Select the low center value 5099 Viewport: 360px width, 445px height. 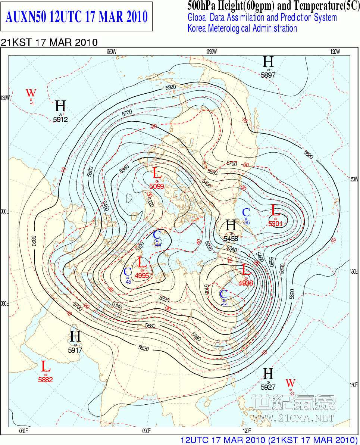pyautogui.click(x=157, y=186)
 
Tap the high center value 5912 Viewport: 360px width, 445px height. pyautogui.click(x=60, y=120)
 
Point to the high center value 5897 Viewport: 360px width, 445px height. pyautogui.click(x=268, y=75)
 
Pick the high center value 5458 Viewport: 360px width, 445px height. pyautogui.click(x=231, y=238)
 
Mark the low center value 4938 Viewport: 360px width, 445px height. pyautogui.click(x=246, y=283)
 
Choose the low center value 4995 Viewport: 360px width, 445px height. pyautogui.click(x=142, y=276)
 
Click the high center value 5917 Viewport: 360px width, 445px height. pyautogui.click(x=75, y=350)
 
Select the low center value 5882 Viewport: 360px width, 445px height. pyautogui.click(x=46, y=380)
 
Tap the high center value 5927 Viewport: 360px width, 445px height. pyautogui.click(x=268, y=387)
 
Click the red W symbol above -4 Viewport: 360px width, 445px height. pyautogui.click(x=31, y=93)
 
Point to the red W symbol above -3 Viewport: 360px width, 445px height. pyautogui.click(x=290, y=383)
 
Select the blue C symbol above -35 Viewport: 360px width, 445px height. pyautogui.click(x=246, y=212)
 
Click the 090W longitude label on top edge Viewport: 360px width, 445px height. pyautogui.click(x=211, y=52)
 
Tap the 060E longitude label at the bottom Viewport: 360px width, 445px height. pyautogui.click(x=23, y=431)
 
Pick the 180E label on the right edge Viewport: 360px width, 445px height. pyautogui.click(x=354, y=271)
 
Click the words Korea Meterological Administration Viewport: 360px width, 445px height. pyautogui.click(x=242, y=28)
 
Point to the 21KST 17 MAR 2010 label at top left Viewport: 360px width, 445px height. pyautogui.click(x=49, y=42)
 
